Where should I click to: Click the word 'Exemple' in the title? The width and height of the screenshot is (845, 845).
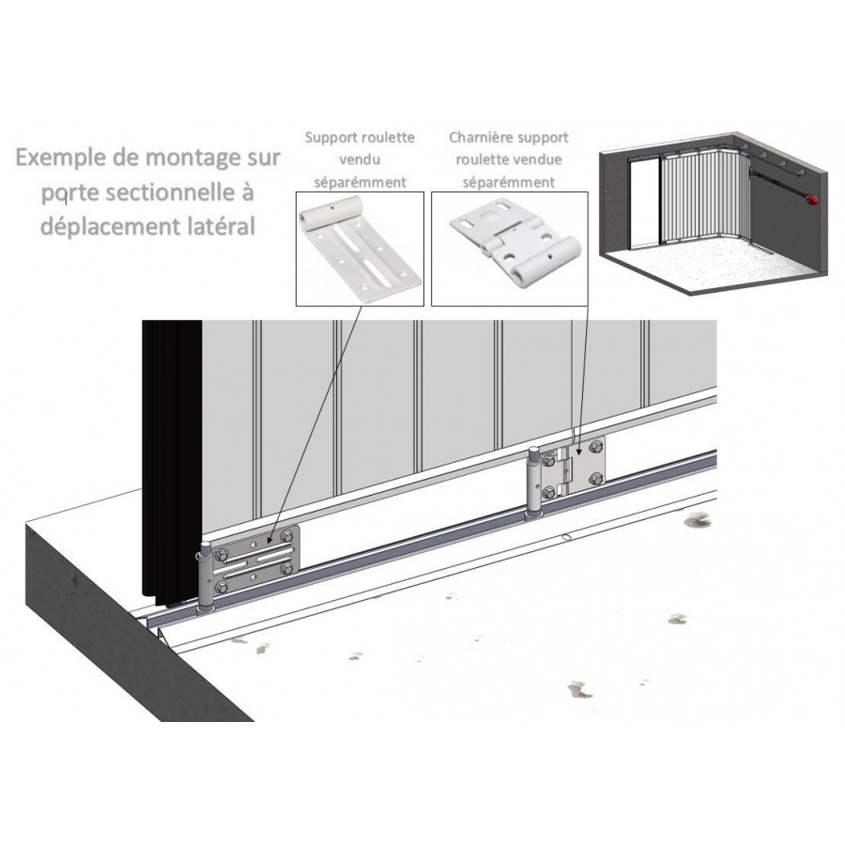pyautogui.click(x=61, y=158)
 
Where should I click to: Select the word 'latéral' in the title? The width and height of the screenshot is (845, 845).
pyautogui.click(x=222, y=226)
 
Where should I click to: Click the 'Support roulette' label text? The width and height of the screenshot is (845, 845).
pyautogui.click(x=360, y=138)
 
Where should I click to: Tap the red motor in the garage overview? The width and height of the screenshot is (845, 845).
pyautogui.click(x=811, y=200)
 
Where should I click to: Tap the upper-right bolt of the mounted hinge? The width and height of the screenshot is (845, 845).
pyautogui.click(x=596, y=447)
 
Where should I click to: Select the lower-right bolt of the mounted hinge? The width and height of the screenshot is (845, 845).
pyautogui.click(x=596, y=479)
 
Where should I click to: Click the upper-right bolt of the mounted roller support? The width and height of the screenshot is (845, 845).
pyautogui.click(x=286, y=536)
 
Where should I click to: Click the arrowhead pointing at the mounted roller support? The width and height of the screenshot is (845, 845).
pyautogui.click(x=270, y=537)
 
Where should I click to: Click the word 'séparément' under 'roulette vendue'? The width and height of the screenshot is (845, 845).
pyautogui.click(x=509, y=183)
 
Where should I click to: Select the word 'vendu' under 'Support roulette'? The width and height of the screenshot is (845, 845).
pyautogui.click(x=360, y=160)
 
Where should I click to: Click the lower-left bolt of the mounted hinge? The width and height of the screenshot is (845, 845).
pyautogui.click(x=549, y=492)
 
